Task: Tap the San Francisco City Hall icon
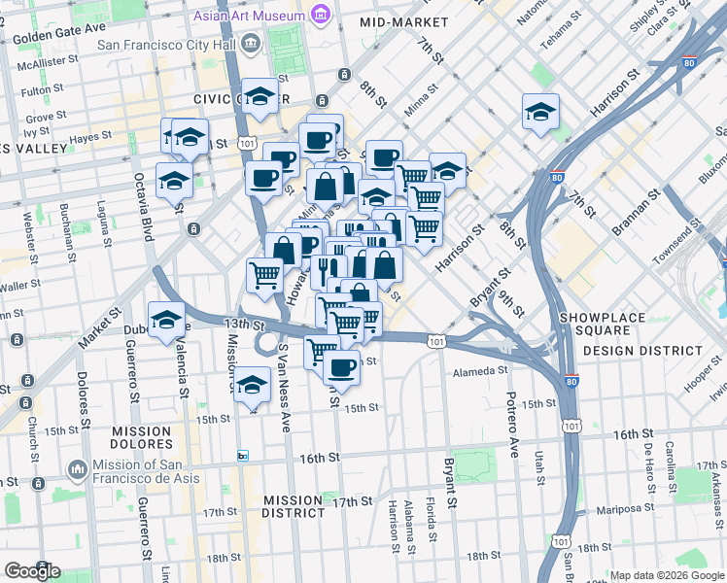[253, 43]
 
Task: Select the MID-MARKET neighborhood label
[398, 21]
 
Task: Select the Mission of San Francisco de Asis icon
[78, 470]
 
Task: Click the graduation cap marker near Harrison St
[540, 113]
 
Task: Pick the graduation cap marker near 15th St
[252, 387]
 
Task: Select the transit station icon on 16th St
[243, 456]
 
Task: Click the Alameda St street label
[481, 370]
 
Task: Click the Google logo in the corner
[31, 571]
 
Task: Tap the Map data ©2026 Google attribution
[666, 575]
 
